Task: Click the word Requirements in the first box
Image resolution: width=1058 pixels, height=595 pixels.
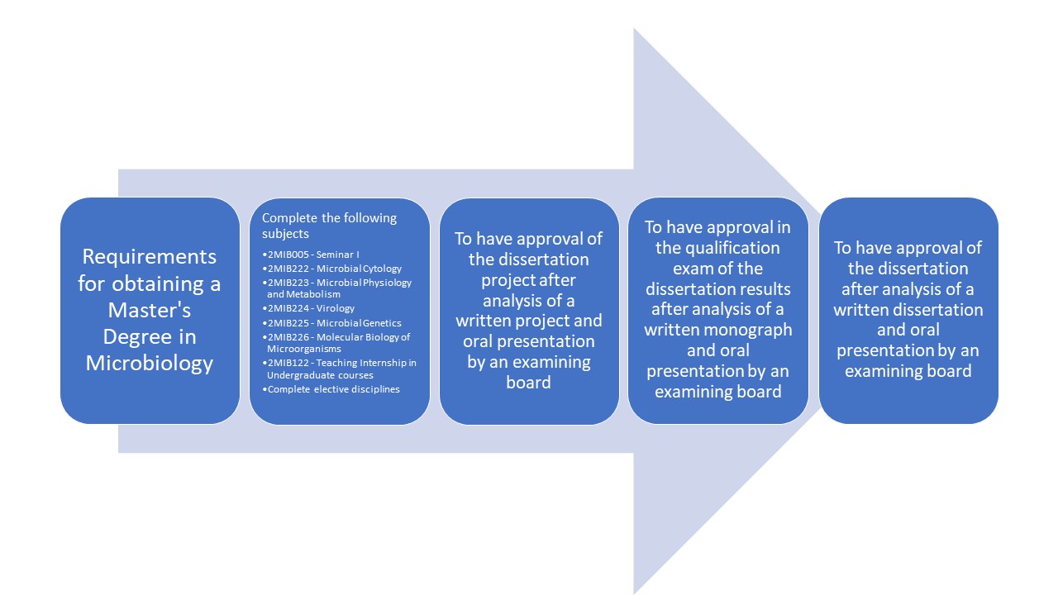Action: point(150,257)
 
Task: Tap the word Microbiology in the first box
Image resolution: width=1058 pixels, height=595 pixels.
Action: point(150,364)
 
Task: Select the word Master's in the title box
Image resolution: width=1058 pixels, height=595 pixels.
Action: point(150,310)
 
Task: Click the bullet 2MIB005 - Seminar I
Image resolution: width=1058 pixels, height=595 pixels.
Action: point(311,255)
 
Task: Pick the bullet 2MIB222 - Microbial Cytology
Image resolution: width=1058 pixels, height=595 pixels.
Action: point(332,269)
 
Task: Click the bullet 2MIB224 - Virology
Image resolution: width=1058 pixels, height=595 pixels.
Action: point(308,308)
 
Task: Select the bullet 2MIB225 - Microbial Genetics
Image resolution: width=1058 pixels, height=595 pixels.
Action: point(332,323)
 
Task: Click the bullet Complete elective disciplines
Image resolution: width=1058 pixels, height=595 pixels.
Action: point(331,389)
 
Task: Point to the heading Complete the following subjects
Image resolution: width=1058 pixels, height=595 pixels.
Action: point(329,226)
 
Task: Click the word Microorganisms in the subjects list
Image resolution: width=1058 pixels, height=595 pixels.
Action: point(304,349)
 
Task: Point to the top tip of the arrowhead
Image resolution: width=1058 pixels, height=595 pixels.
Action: point(634,28)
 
